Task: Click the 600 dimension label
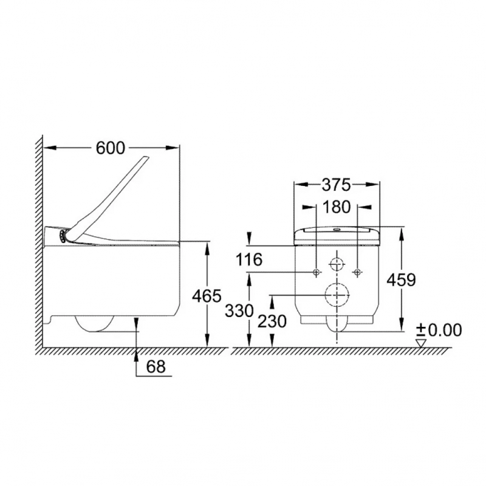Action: (x=110, y=148)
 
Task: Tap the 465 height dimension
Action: (x=207, y=296)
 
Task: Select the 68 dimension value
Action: (x=156, y=367)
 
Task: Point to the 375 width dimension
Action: (x=337, y=185)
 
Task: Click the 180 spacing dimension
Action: (x=337, y=207)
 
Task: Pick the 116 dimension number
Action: (x=249, y=259)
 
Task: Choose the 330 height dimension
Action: (x=239, y=310)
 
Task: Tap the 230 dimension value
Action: (x=272, y=321)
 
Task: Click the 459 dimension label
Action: (x=401, y=280)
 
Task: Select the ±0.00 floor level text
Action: (x=439, y=330)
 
